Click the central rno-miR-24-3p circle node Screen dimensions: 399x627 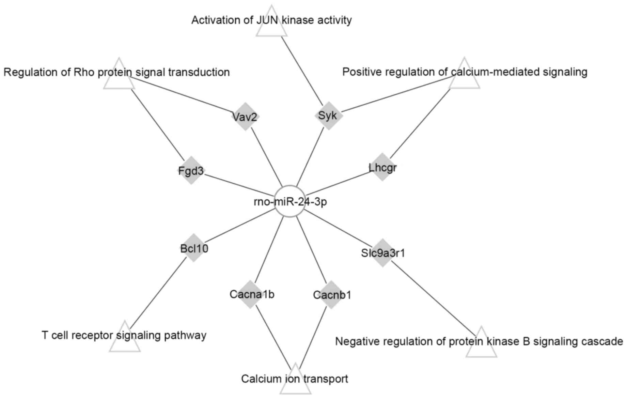pos(289,201)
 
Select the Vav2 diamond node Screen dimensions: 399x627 pos(245,117)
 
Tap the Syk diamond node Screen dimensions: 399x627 pos(328,116)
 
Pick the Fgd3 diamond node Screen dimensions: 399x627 pos(191,170)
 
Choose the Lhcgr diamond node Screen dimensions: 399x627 pos(382,167)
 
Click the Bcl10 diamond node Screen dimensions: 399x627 pos(194,248)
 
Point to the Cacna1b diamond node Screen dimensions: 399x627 pos(250,294)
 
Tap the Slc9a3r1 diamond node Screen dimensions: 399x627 pos(382,253)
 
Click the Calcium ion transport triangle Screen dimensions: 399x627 pos(295,382)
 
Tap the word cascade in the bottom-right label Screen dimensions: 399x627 pos(603,341)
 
